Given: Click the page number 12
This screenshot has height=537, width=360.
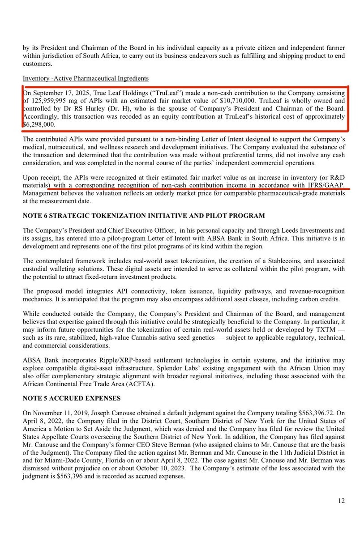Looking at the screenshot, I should pos(341,501).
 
